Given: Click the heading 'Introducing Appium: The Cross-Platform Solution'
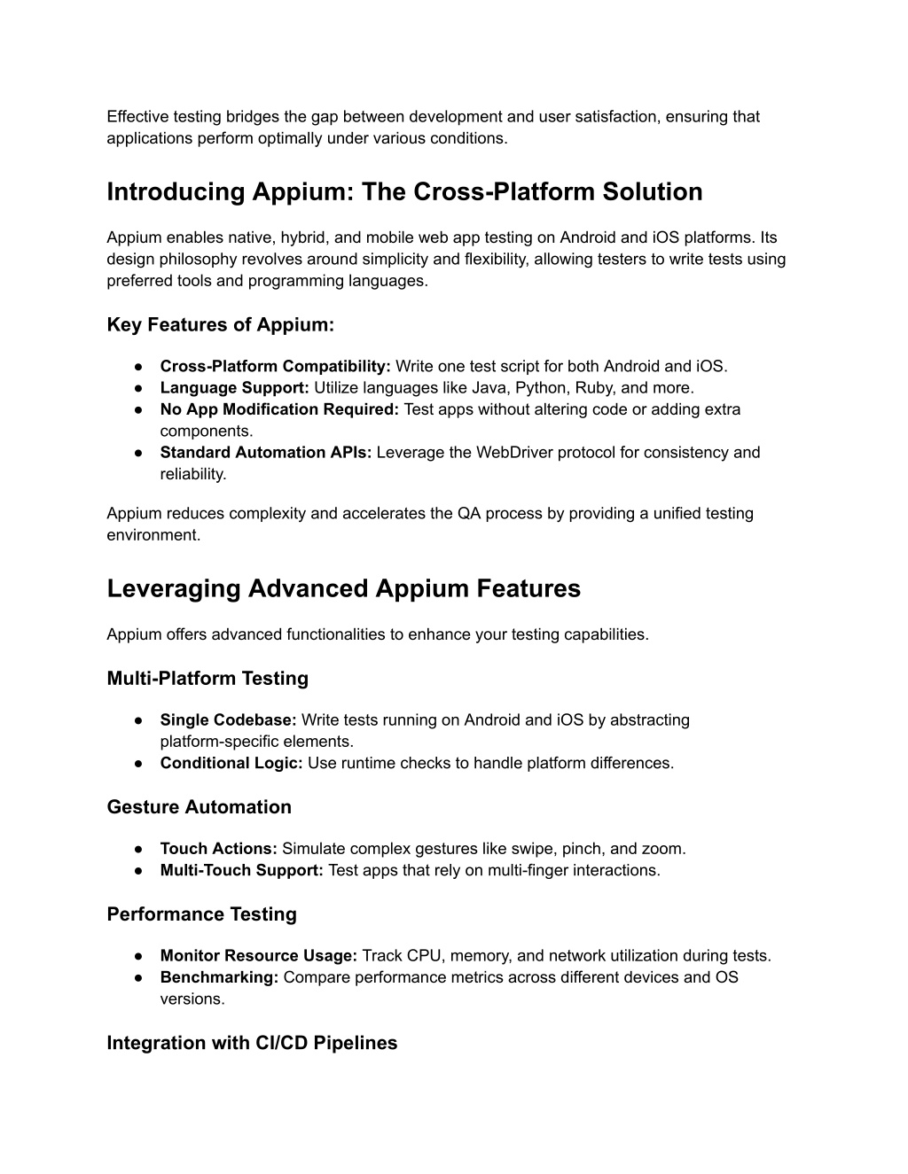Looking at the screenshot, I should (x=404, y=192).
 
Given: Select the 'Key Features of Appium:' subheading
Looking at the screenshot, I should (x=220, y=325).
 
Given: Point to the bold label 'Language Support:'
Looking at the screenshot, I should (x=234, y=388).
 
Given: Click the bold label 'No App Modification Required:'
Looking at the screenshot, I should (x=279, y=409).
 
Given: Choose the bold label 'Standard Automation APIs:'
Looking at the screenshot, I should (x=266, y=453).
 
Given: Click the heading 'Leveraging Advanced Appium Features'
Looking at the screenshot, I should (x=343, y=589).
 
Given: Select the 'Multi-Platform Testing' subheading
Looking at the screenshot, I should (x=207, y=679).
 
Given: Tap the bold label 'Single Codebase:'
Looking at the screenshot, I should (x=228, y=720).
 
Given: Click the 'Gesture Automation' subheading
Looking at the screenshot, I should (x=199, y=807).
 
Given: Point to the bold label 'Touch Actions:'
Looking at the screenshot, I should (x=218, y=849).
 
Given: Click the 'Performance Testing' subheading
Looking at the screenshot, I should (x=201, y=914).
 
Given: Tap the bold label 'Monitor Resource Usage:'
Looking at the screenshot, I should (x=258, y=956).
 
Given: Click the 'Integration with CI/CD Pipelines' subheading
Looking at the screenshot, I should (x=252, y=1043).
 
